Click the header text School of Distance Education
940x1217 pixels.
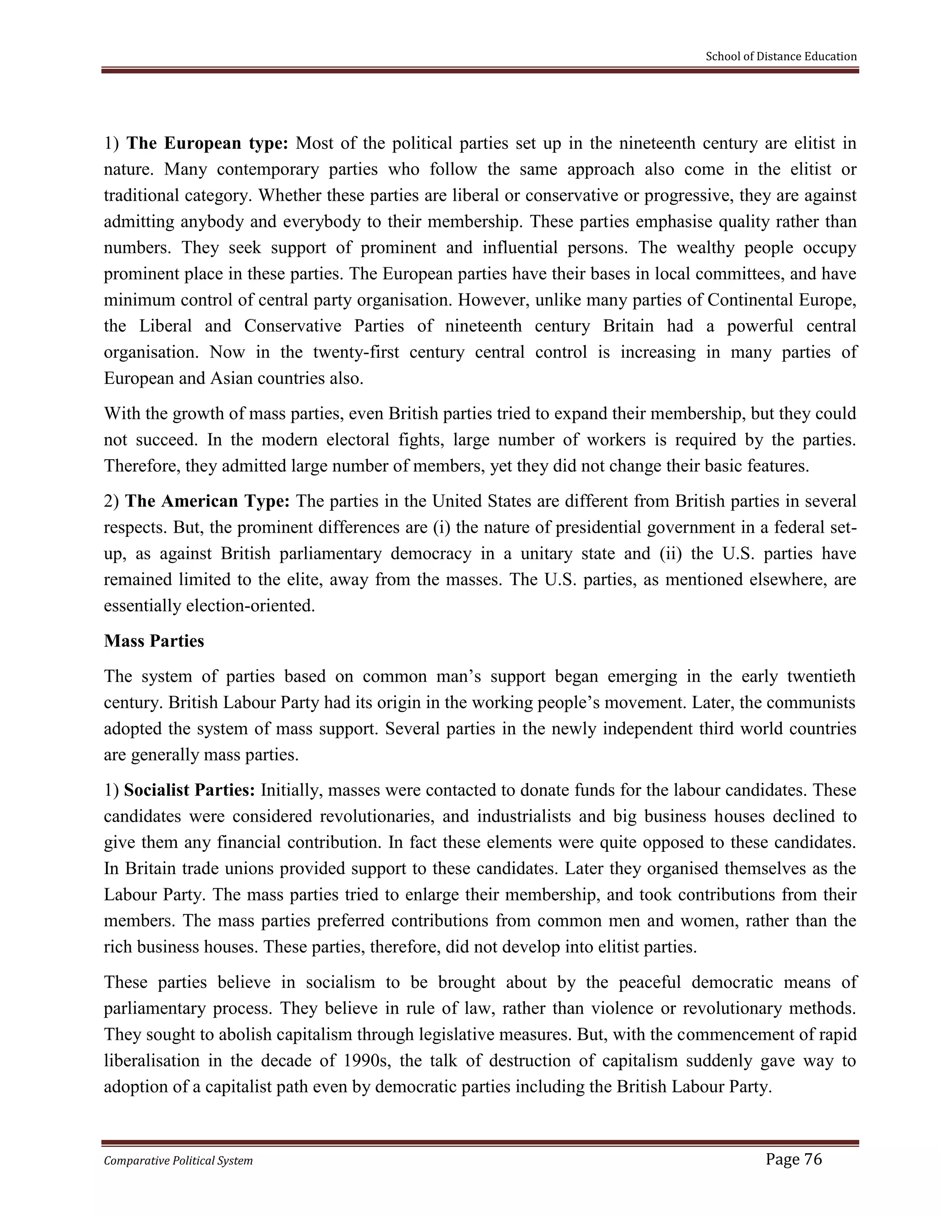click(x=781, y=56)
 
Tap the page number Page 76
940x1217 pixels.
click(x=794, y=1159)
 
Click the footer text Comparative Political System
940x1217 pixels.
click(x=178, y=1161)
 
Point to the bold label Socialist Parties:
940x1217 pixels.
click(x=190, y=790)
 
